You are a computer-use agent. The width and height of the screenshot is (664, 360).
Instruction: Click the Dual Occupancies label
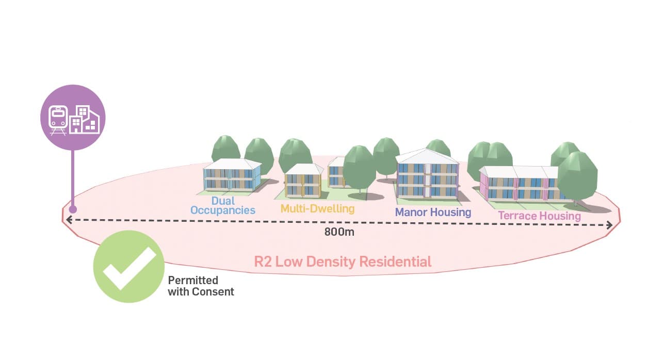[x=222, y=205]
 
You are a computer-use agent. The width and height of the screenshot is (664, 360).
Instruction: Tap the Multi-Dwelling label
[x=317, y=209]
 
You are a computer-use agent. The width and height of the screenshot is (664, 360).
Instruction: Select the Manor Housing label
[x=433, y=212]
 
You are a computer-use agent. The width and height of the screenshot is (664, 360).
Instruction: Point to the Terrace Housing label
[x=539, y=216]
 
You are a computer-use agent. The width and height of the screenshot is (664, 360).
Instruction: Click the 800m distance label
[x=339, y=232]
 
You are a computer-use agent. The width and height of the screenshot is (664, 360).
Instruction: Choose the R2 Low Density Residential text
[x=343, y=261]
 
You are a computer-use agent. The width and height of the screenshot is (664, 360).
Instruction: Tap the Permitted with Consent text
[x=201, y=286]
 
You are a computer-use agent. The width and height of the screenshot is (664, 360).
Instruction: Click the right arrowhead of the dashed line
[x=610, y=225]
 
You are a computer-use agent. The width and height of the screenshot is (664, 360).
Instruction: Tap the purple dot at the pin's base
[x=73, y=209]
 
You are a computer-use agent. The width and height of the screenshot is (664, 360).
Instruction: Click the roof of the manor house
[x=428, y=156]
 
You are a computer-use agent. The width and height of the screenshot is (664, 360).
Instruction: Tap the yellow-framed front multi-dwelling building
[x=303, y=183]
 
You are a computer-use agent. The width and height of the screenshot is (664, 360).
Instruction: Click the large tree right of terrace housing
[x=577, y=175]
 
